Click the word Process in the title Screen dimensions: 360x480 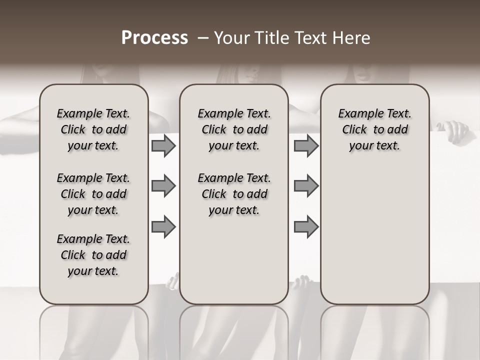(154, 38)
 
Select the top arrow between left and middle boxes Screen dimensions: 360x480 (163, 146)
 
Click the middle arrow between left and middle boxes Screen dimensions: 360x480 (163, 186)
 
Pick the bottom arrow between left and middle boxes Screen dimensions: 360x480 (163, 226)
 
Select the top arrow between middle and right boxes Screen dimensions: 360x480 (306, 146)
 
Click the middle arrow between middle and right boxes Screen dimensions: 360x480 (306, 186)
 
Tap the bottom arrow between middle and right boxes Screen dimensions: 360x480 (306, 226)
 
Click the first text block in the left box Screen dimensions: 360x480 (93, 130)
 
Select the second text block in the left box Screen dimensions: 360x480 (93, 194)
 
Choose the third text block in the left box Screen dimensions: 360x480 (93, 255)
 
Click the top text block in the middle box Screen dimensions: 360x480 (234, 130)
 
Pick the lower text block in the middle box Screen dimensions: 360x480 (234, 194)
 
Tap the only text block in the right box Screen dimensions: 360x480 (374, 130)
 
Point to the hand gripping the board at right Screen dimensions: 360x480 (457, 131)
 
